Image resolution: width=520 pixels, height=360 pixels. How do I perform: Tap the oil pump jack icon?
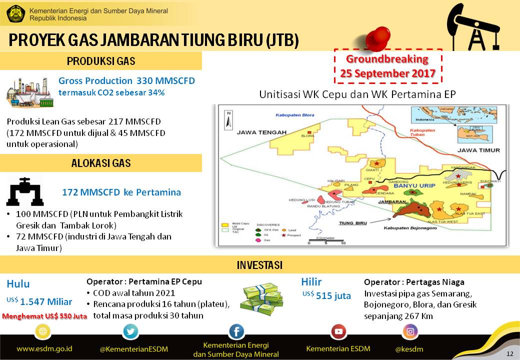(x=469, y=27)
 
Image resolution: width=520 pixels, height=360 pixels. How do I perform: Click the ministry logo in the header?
(x=14, y=13)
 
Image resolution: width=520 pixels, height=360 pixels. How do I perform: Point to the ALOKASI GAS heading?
(x=101, y=163)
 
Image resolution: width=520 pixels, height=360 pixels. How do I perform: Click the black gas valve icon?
(x=24, y=191)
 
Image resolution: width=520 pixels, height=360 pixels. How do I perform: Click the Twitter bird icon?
(x=130, y=331)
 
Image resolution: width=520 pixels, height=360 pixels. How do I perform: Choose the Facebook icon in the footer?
(x=236, y=331)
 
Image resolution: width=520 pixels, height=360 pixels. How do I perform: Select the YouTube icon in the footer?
(x=339, y=331)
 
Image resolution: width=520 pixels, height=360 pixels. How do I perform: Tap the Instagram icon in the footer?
(x=410, y=331)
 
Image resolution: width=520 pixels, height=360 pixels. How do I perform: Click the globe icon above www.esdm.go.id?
(x=42, y=331)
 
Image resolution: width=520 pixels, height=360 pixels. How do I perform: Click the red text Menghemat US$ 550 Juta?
(x=44, y=316)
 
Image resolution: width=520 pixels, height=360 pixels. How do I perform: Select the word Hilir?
(x=311, y=282)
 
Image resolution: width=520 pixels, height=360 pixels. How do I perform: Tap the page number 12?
(x=509, y=354)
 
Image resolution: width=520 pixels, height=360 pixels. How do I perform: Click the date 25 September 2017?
(x=388, y=73)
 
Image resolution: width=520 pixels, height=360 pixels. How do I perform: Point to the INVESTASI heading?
(x=259, y=265)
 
